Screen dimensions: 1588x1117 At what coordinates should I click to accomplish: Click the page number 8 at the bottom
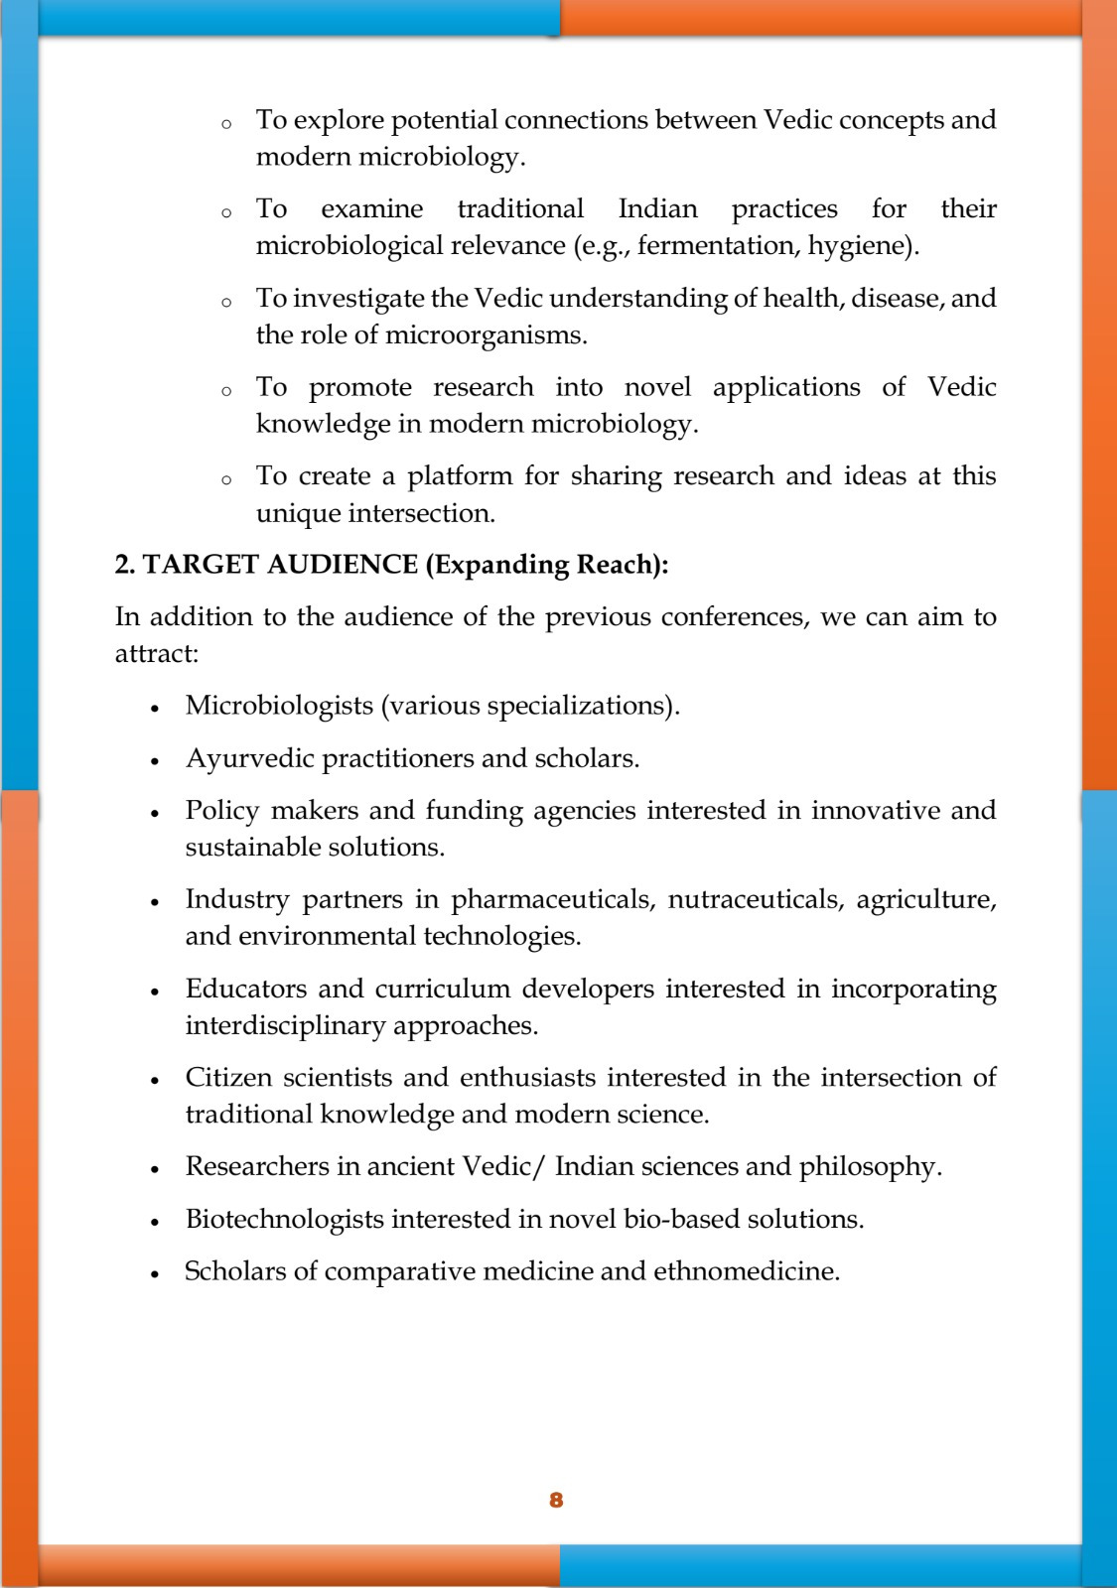pyautogui.click(x=556, y=1500)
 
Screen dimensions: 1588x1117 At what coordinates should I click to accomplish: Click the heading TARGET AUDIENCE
pyautogui.click(x=281, y=565)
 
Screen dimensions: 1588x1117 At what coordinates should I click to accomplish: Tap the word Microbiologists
pyautogui.click(x=279, y=706)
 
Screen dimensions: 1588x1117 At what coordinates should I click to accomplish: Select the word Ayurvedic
pyautogui.click(x=249, y=758)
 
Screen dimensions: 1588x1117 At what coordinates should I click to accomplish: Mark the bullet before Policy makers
pyautogui.click(x=155, y=813)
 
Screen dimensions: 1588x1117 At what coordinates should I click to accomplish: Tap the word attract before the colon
pyautogui.click(x=153, y=654)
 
